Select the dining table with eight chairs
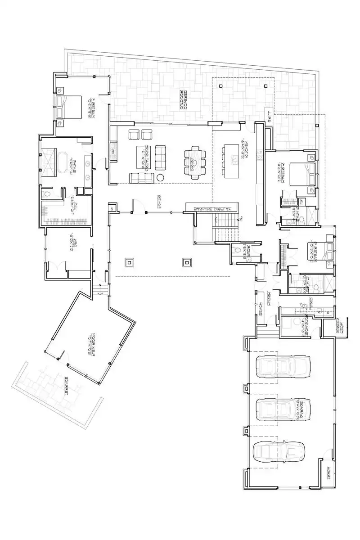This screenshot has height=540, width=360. pyautogui.click(x=194, y=162)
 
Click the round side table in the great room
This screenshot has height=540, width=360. pyautogui.click(x=160, y=178)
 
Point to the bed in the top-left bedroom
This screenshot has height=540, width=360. pyautogui.click(x=69, y=107)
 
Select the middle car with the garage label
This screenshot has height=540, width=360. pyautogui.click(x=283, y=409)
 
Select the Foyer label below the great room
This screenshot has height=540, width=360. pyautogui.click(x=159, y=201)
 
